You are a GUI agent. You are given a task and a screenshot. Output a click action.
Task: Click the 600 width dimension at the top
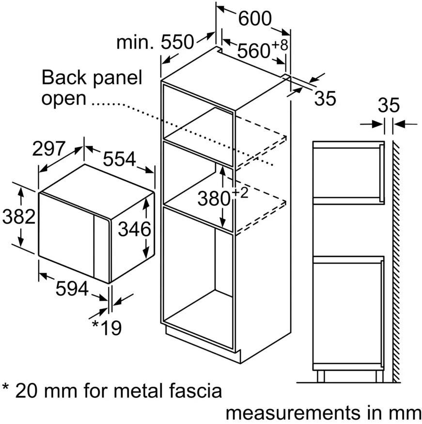point(255,18)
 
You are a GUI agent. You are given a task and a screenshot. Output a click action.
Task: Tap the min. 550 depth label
point(155,42)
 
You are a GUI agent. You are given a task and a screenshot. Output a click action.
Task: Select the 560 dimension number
point(253,50)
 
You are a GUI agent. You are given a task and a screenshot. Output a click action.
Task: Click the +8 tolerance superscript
point(280,45)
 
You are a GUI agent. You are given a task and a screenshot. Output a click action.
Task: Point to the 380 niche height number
point(214,198)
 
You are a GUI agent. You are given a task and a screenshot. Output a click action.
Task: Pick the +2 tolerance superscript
point(240,193)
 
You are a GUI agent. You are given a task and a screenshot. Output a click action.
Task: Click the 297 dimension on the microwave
point(49,148)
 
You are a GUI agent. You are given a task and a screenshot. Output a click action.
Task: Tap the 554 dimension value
point(119,159)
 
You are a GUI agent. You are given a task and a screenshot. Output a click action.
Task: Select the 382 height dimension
point(19,216)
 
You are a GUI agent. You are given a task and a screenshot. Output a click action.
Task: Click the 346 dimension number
point(134,229)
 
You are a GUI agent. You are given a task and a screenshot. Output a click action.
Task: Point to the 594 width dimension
point(72,288)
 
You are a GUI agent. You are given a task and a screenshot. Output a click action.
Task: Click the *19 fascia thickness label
point(107,328)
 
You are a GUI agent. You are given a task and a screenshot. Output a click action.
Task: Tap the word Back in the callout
point(64,78)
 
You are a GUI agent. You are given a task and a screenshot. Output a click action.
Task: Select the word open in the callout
point(64,99)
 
